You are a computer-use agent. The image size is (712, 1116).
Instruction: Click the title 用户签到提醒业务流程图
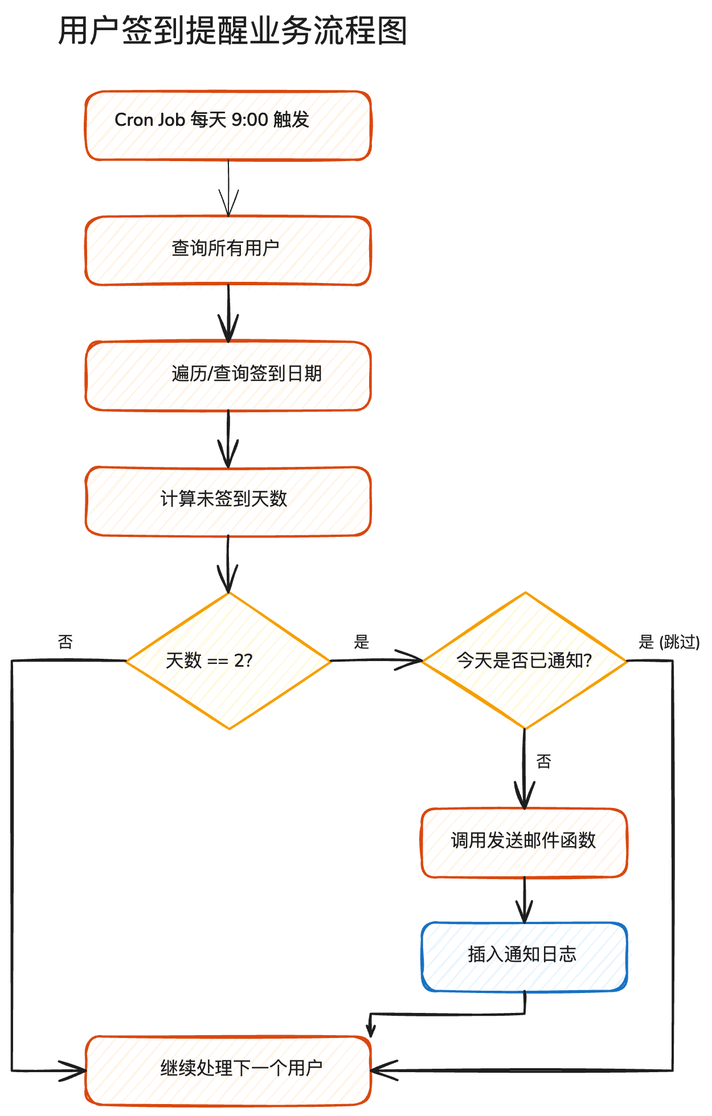coord(232,31)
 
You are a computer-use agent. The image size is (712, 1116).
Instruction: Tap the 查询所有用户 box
coord(228,251)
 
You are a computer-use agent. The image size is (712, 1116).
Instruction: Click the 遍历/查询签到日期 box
coord(228,376)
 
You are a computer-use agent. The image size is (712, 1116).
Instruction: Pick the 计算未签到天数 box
coord(228,501)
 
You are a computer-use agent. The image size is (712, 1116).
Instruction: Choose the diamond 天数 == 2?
coord(228,660)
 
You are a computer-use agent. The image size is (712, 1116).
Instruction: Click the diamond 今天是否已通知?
coord(524,660)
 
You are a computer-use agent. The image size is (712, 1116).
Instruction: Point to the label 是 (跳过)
coord(669,642)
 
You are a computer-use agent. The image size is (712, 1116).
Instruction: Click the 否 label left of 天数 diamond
coord(66,642)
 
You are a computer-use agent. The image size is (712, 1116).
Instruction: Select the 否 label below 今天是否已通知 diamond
coord(544,762)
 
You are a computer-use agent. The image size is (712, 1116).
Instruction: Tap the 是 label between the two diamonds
coord(362,642)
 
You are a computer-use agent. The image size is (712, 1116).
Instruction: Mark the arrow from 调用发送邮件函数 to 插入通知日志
coord(525,900)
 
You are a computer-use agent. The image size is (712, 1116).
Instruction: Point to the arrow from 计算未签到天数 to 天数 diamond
coord(228,564)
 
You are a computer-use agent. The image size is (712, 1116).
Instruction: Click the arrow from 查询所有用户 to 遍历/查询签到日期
coord(228,313)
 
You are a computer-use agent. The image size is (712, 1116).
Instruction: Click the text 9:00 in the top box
coord(249,120)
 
